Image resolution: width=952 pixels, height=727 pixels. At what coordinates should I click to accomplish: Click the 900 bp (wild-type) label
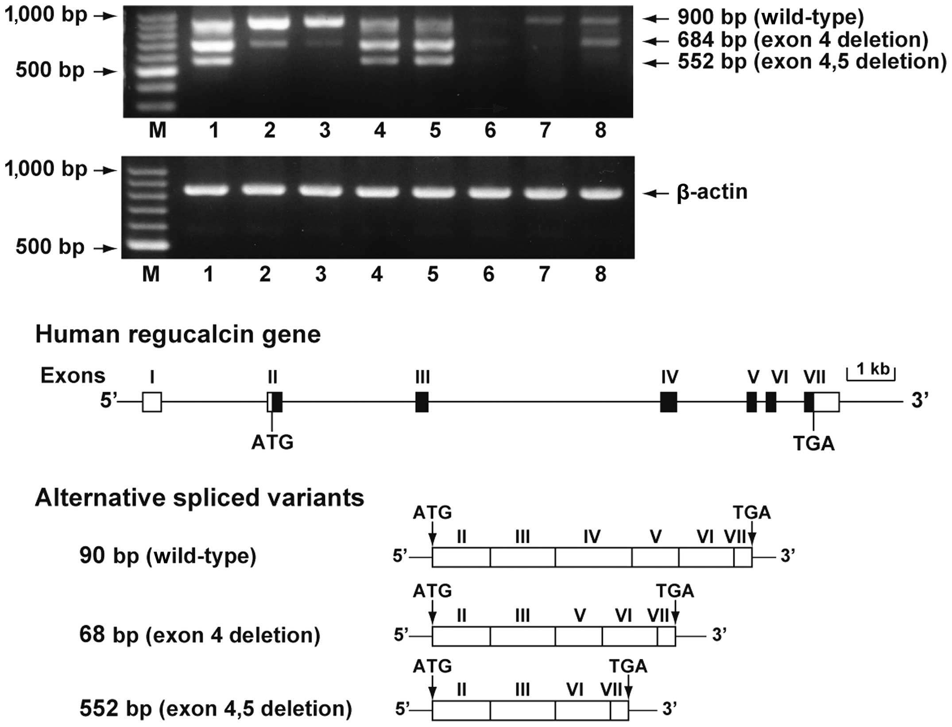770,17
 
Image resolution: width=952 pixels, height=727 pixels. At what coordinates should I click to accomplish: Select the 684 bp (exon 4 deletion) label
803,40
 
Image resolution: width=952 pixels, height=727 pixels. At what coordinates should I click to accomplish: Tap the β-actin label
712,192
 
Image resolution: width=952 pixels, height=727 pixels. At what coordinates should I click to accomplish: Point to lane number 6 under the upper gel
490,131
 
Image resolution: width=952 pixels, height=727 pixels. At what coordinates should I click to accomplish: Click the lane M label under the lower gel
151,275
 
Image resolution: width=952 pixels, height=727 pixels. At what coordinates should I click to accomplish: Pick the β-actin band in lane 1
207,190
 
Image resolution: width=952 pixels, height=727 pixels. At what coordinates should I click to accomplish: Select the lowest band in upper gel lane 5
435,60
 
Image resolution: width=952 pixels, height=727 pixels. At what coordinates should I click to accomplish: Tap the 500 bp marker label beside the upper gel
50,70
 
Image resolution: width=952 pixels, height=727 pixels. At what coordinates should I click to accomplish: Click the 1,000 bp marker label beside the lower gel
46,169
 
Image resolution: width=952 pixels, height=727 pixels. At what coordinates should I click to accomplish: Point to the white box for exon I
152,402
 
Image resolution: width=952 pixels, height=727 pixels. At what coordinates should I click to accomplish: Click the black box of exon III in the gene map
422,402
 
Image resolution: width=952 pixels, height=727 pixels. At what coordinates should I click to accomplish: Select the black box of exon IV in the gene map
669,402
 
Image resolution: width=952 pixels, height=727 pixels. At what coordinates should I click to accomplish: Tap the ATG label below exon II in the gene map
272,442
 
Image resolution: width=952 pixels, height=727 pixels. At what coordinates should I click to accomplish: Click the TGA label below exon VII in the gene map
814,443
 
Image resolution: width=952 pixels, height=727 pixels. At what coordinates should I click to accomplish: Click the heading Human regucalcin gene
178,335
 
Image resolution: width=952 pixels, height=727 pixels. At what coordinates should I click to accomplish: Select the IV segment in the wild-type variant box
593,557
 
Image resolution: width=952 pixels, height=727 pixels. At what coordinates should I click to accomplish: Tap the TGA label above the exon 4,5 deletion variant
628,666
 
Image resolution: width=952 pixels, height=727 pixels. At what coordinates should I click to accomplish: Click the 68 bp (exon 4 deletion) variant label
200,635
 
